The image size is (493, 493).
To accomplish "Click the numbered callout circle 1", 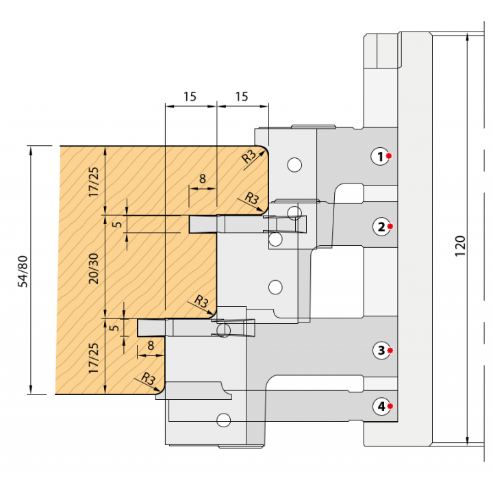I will pos(379,156).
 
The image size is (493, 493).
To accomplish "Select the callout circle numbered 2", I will pos(381,226).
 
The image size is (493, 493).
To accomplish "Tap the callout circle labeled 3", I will pos(381,350).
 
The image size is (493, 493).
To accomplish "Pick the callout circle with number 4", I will pos(381,406).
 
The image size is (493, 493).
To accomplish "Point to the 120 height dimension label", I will pos(460,245).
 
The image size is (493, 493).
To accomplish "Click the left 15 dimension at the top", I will pos(190,97).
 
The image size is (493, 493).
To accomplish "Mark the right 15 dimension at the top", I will pos(242,97).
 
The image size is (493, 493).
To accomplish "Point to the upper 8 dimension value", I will pos(202,179).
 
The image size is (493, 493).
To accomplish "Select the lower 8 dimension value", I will pos(151,346).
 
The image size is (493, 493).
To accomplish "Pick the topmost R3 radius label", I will pos(249,156).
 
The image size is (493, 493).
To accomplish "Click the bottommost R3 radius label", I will pos(147,377).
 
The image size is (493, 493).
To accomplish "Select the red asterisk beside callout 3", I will pos(390,351).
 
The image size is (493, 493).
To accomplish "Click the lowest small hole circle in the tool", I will pos(223,418).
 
